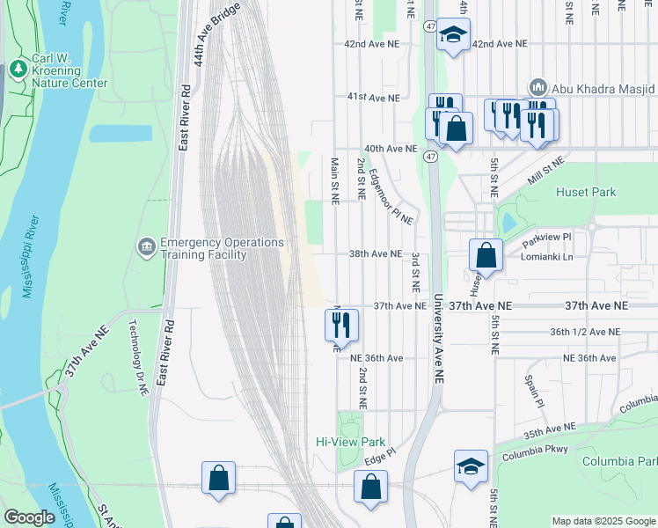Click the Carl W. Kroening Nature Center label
[69, 71]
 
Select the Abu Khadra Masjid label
[603, 88]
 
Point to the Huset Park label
[586, 192]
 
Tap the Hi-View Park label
[351, 442]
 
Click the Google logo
[29, 517]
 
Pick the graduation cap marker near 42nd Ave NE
[453, 35]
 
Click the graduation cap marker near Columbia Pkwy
[471, 466]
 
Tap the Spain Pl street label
[536, 392]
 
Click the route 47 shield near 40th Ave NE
[429, 156]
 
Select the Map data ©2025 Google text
[603, 521]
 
